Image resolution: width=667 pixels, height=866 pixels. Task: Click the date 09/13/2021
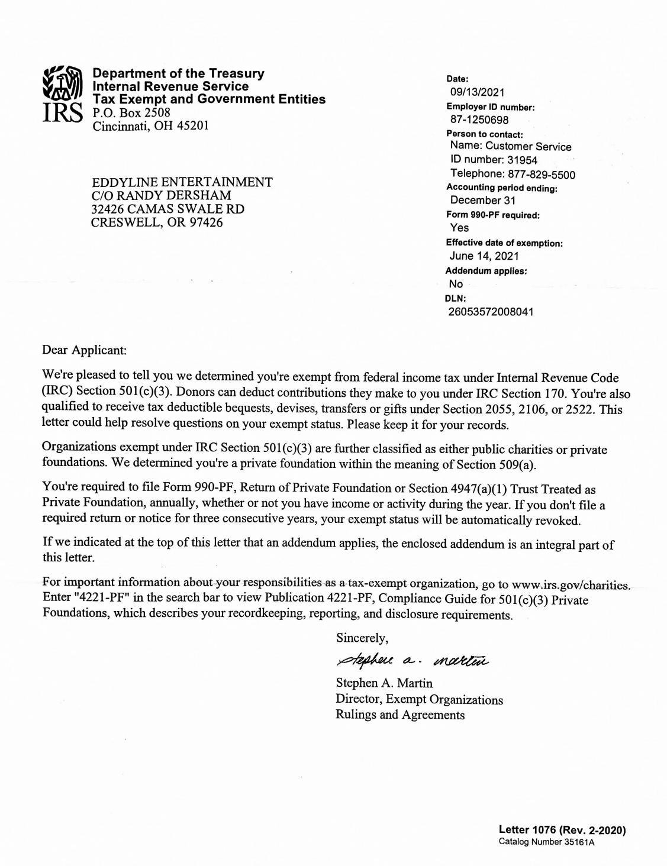477,92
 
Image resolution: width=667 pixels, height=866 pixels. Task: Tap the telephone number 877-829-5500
540,175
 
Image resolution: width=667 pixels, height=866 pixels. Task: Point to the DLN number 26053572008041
491,312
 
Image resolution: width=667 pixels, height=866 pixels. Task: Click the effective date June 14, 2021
484,256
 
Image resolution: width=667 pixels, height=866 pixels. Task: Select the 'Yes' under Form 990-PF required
459,228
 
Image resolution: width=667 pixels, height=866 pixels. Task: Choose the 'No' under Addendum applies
456,284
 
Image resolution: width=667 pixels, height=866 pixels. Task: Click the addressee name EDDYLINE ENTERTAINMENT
182,182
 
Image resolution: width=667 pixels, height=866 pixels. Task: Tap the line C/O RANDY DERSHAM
161,195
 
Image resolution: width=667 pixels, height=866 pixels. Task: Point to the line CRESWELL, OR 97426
157,222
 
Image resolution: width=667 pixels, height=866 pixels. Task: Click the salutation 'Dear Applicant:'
85,350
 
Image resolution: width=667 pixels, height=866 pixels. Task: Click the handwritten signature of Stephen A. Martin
412,660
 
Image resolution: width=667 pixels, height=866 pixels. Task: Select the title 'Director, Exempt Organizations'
419,699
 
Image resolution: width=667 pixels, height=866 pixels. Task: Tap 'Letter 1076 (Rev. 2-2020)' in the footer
562,830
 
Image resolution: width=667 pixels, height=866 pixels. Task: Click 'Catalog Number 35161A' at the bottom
546,842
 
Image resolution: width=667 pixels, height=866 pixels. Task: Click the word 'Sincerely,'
362,638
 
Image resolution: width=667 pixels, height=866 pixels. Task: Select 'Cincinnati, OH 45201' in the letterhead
151,126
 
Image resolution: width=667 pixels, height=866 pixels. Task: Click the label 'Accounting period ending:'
502,188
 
